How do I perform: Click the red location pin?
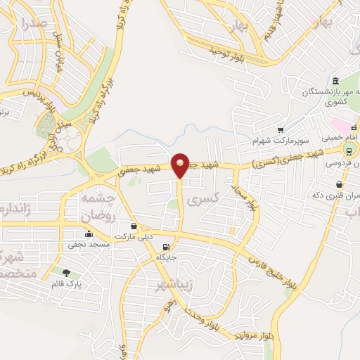tap(180, 165)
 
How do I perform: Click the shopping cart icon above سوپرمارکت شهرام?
tap(281, 129)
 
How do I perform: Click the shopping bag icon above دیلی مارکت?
tap(134, 226)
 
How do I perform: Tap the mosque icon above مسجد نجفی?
tap(89, 234)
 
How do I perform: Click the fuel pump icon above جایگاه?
tap(166, 247)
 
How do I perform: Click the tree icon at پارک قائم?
tap(66, 273)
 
